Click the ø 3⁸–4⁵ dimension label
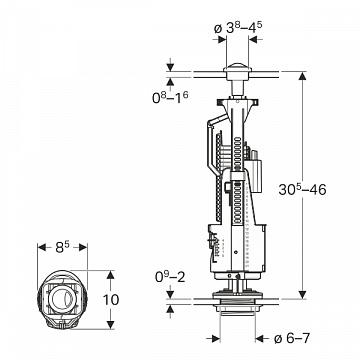point(238,28)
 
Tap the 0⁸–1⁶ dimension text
point(170,97)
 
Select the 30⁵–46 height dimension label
point(302,189)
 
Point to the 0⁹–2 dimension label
point(170,277)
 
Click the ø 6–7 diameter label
point(292,339)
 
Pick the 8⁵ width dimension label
point(62,247)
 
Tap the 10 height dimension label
point(111,300)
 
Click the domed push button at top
point(237,71)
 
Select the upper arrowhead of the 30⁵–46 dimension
point(302,76)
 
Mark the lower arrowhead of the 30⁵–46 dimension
point(302,295)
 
